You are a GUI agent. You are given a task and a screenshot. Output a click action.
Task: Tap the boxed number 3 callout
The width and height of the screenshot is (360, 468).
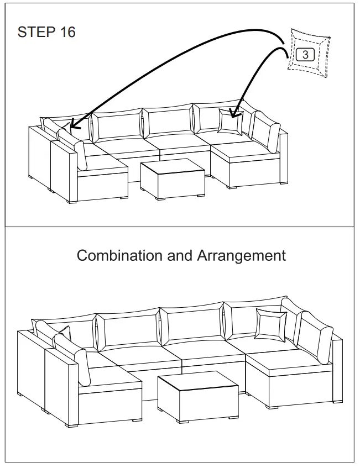coord(305,55)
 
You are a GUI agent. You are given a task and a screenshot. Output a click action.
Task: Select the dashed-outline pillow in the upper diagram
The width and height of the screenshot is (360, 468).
coord(309,54)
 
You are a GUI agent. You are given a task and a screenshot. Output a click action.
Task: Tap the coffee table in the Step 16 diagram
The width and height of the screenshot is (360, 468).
coord(171,177)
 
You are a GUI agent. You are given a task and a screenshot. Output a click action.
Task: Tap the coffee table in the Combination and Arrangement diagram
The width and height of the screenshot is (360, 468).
coord(197,393)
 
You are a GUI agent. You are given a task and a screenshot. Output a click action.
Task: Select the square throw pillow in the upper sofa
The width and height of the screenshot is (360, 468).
coord(229,121)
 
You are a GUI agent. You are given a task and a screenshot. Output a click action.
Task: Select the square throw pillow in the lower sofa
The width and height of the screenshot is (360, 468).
coord(270,325)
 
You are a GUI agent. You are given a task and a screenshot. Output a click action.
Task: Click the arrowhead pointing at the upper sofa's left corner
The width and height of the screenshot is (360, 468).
coord(74,125)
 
